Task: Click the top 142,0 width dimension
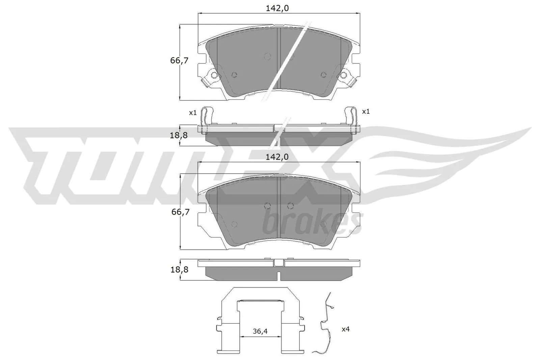[277, 8]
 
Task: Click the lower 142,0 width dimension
[277, 157]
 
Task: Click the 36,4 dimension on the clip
[260, 331]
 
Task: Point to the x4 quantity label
[345, 329]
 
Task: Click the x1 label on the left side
[193, 113]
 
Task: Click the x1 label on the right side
[366, 111]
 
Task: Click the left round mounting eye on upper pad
[213, 75]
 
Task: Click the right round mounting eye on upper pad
[344, 75]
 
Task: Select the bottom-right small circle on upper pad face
[323, 75]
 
